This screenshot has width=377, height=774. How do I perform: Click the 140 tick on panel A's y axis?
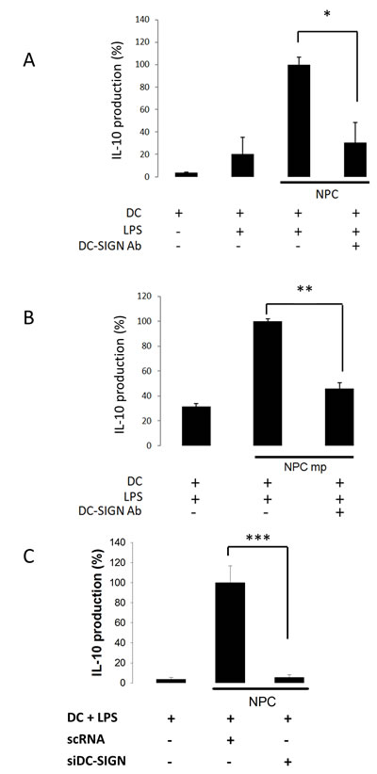139,20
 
